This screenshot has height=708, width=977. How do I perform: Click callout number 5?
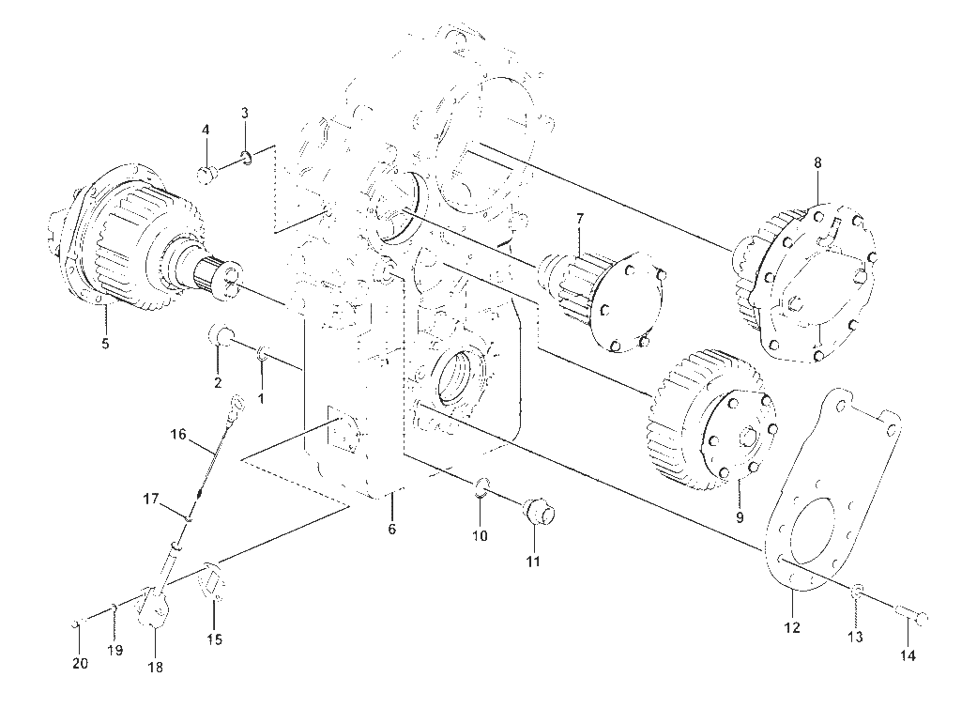[105, 343]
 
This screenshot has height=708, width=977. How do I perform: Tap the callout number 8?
[817, 162]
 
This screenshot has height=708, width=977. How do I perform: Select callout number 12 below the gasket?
[792, 627]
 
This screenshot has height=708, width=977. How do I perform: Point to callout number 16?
[179, 434]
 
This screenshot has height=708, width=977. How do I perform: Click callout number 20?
[81, 665]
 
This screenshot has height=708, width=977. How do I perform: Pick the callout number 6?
[392, 530]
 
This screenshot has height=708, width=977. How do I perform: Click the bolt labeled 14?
[913, 616]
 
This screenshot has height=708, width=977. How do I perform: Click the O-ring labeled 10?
[481, 486]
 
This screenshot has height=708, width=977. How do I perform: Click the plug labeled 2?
[220, 336]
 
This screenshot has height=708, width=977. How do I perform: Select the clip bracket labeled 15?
[211, 581]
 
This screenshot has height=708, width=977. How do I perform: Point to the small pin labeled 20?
[75, 623]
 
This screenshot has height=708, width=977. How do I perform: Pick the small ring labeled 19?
[114, 607]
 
